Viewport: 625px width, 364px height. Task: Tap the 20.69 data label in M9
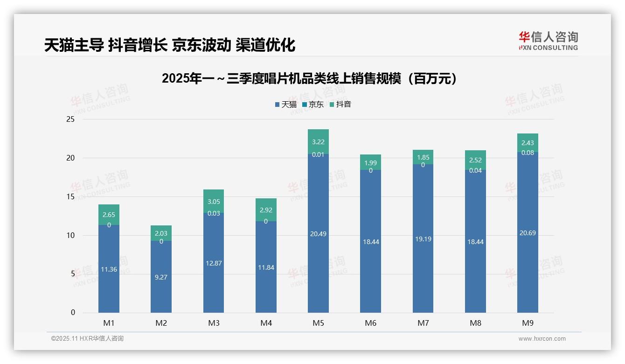[x=528, y=233]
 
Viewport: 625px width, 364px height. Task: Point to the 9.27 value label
[x=161, y=277]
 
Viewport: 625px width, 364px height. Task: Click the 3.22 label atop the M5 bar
[x=318, y=142]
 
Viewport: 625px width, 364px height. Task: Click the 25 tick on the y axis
[x=70, y=119]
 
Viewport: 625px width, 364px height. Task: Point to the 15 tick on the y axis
[x=70, y=196]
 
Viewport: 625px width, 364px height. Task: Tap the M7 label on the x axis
[x=423, y=323]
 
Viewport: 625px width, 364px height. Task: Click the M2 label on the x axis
[x=161, y=323]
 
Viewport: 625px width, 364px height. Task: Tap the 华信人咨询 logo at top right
[x=548, y=41]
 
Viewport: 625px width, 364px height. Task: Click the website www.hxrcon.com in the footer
[x=542, y=339]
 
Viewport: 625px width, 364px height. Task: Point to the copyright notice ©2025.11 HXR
[x=87, y=339]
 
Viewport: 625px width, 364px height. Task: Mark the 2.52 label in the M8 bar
[x=475, y=160]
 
